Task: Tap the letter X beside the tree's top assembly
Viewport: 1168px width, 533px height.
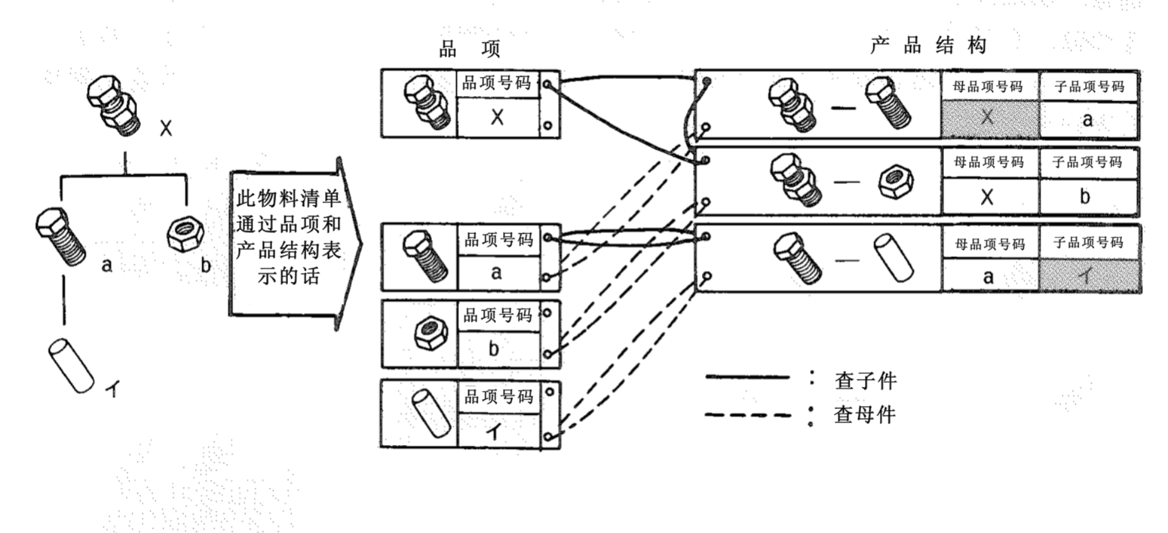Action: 165,128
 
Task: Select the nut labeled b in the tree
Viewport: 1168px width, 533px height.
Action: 185,234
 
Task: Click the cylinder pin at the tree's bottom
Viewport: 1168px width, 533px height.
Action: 71,366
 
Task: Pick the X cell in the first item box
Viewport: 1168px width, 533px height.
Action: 498,117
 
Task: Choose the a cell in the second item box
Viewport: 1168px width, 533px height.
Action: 498,273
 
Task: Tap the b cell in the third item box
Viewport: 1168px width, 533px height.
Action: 498,349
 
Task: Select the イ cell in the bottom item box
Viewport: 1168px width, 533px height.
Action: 498,431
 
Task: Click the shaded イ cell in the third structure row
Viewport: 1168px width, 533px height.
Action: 1089,276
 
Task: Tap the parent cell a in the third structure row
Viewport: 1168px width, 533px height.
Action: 989,276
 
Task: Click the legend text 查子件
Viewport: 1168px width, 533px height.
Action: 866,381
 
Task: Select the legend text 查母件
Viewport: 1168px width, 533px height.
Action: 865,414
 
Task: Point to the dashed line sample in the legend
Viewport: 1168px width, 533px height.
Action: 748,416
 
